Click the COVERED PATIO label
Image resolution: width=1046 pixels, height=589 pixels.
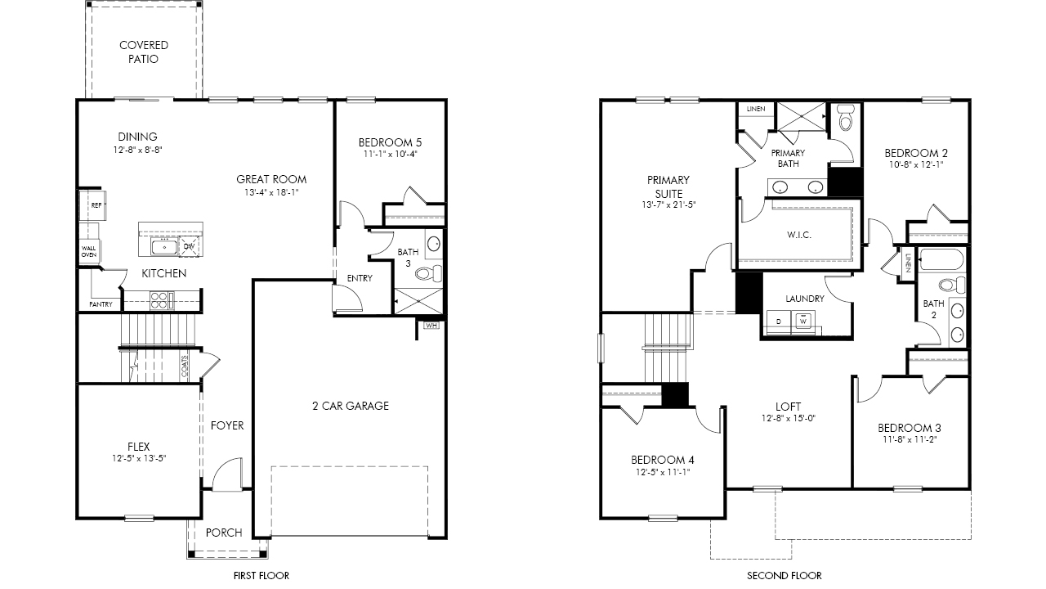tap(143, 52)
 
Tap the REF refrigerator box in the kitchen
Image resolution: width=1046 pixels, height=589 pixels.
tap(92, 205)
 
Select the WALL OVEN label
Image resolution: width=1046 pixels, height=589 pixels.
tap(89, 251)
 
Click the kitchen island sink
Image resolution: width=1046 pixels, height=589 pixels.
tap(164, 247)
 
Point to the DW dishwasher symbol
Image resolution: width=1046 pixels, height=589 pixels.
tap(189, 246)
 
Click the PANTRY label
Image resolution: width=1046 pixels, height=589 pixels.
tap(101, 304)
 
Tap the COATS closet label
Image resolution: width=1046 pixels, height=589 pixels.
tap(185, 366)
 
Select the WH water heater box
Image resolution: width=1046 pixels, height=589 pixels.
tap(431, 326)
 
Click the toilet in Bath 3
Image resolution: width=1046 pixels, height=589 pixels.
tap(429, 273)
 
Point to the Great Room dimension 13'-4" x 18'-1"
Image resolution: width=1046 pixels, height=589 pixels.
tap(271, 192)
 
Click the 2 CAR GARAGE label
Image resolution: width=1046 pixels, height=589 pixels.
tap(351, 406)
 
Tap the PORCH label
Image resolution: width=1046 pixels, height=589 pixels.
tap(224, 533)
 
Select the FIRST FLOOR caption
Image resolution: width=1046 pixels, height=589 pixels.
tap(261, 575)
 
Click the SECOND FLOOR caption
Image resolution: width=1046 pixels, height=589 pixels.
tap(784, 575)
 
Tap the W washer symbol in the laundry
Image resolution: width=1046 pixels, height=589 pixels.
tap(802, 321)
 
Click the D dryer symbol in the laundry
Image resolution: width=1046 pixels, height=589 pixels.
tap(779, 321)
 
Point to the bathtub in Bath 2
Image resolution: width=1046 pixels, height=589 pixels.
tap(941, 259)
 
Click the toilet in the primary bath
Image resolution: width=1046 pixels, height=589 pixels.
tap(846, 117)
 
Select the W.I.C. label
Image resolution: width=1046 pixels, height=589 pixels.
tap(799, 235)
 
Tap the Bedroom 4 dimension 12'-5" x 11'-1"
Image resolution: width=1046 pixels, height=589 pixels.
tap(663, 472)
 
